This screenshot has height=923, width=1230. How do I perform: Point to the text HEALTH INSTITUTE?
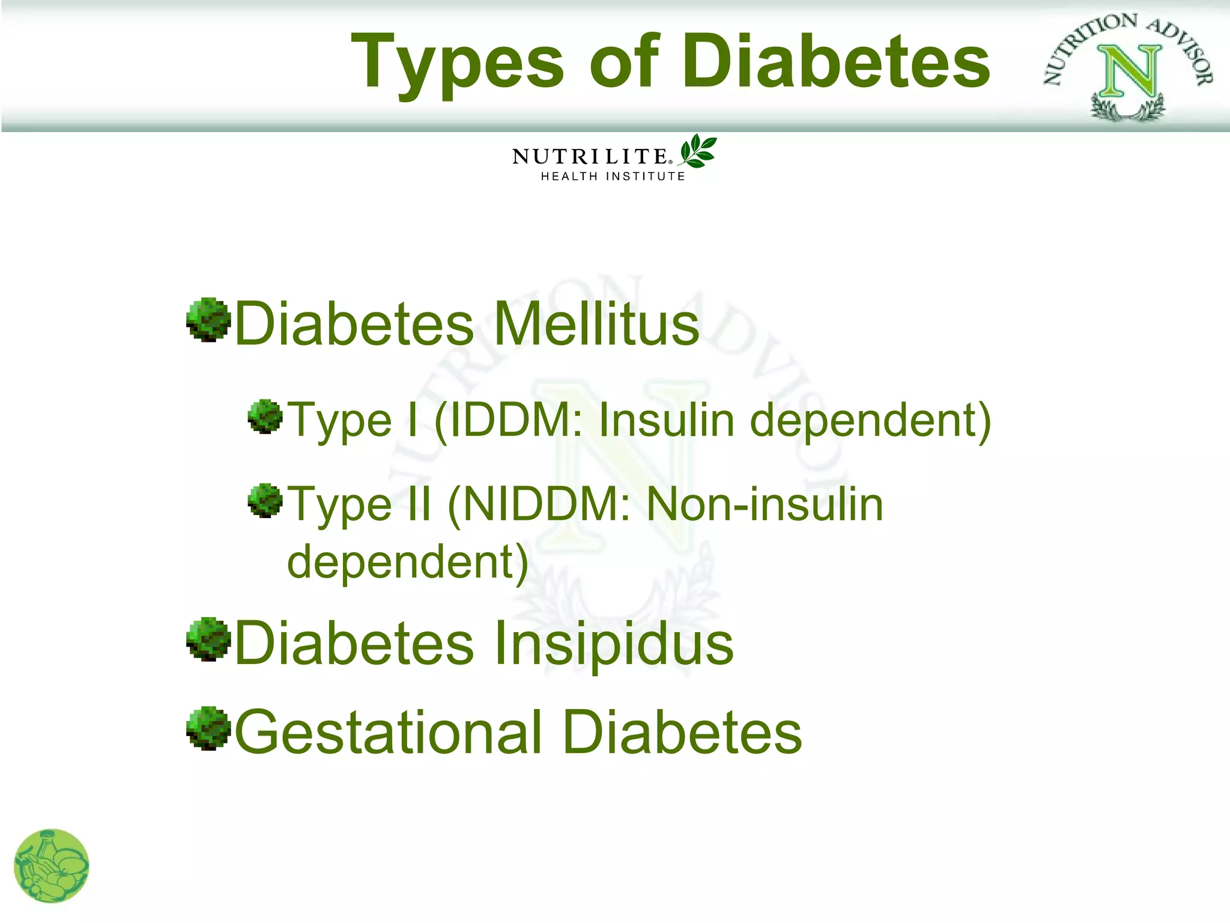pos(613,177)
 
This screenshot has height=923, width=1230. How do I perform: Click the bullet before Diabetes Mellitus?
pos(208,320)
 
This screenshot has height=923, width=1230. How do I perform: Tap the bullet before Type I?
pos(265,416)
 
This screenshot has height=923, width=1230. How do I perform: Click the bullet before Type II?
pos(265,501)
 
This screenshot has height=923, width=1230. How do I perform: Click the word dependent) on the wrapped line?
pos(408,562)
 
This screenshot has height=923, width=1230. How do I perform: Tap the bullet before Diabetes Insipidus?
pos(208,639)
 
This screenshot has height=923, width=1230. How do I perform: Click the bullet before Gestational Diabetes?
pos(208,728)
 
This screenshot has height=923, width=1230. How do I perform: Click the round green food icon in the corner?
pos(52,866)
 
